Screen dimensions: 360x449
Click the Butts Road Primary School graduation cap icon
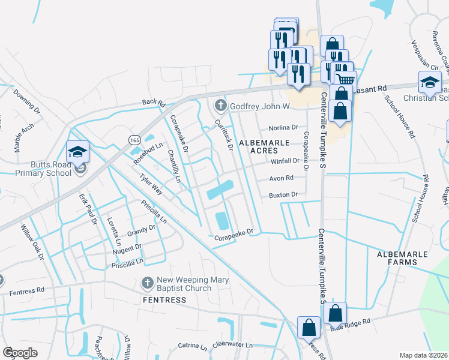(77, 152)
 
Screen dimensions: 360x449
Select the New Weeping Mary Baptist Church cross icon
(147, 282)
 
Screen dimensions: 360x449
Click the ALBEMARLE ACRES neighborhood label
(264, 146)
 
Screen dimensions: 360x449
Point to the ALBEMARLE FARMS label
(402, 258)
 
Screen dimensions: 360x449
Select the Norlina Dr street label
(283, 128)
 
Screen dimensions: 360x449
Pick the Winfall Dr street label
(284, 161)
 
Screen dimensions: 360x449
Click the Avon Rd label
(281, 178)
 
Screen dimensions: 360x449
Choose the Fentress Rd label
(27, 291)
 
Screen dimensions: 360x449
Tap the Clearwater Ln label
(233, 345)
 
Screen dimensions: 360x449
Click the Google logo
(20, 352)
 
